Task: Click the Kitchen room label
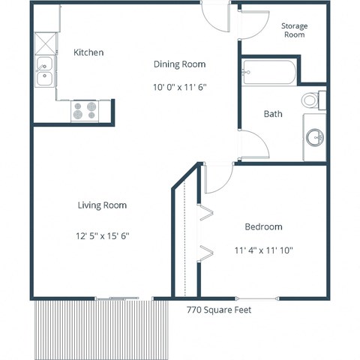click(88, 52)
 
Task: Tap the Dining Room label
click(179, 64)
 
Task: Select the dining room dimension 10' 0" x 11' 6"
click(179, 87)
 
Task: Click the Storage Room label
click(294, 30)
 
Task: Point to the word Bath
click(272, 114)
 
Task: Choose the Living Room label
click(102, 205)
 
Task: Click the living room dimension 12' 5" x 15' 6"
click(103, 235)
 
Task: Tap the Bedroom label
click(263, 226)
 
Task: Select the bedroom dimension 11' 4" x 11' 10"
click(262, 250)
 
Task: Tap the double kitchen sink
click(43, 72)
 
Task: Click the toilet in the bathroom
click(311, 100)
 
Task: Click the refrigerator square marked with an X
click(44, 42)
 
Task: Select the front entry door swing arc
click(217, 21)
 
